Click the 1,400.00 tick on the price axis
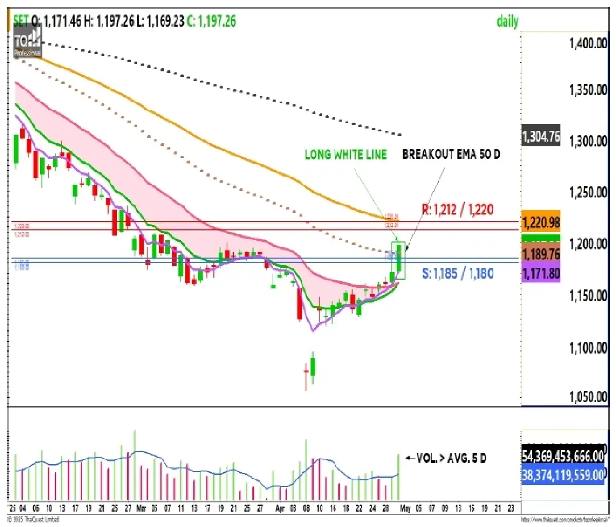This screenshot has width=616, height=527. pyautogui.click(x=588, y=43)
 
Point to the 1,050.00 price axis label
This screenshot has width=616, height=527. pyautogui.click(x=588, y=397)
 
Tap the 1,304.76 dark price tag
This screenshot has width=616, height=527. pyautogui.click(x=541, y=136)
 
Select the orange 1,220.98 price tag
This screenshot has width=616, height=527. pyautogui.click(x=541, y=223)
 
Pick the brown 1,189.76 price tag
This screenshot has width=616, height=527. pyautogui.click(x=541, y=255)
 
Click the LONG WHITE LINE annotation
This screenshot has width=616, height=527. pyautogui.click(x=345, y=154)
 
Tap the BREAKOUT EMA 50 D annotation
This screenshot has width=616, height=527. pyautogui.click(x=451, y=154)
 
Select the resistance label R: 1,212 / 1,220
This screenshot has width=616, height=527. pyautogui.click(x=457, y=209)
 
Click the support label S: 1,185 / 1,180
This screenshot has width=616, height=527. pyautogui.click(x=458, y=274)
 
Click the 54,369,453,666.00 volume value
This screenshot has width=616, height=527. pyautogui.click(x=563, y=456)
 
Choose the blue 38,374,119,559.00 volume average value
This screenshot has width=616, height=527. pyautogui.click(x=563, y=475)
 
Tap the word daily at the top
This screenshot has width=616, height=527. pyautogui.click(x=507, y=22)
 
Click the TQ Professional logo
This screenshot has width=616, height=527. pyautogui.click(x=28, y=42)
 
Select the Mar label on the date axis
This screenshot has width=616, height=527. pyautogui.click(x=141, y=509)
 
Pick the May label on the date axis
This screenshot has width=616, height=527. pyautogui.click(x=405, y=509)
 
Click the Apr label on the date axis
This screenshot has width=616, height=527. pyautogui.click(x=280, y=509)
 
